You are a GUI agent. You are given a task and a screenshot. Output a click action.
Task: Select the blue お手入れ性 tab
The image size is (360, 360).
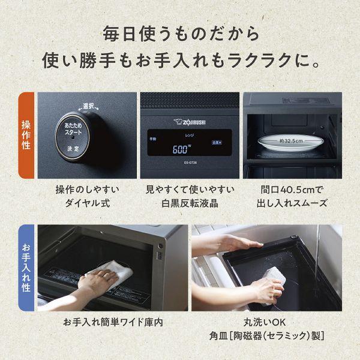[27, 266]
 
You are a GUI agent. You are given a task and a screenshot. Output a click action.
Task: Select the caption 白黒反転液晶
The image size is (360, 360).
[190, 203]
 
